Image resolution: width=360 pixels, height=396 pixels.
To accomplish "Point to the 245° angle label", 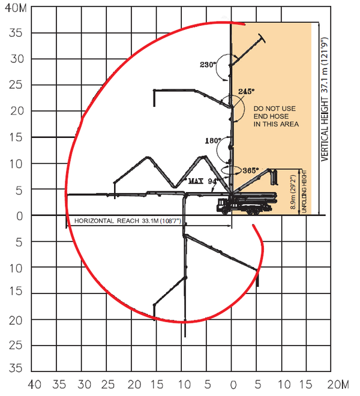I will coord(247,91).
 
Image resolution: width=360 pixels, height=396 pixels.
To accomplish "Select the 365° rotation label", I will coord(251,170).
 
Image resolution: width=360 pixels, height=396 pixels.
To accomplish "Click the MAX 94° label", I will coord(203,180).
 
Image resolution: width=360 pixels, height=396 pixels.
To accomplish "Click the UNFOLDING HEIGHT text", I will coord(305,191).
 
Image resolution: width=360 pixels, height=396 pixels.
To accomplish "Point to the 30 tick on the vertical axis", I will coord(16,59).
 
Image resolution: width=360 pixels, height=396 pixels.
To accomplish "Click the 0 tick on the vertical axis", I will coord(20,215).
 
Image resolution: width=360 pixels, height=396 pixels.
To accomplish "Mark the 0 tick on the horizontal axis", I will coord(232,384).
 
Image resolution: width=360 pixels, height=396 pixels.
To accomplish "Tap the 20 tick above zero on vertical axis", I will coord(16,110).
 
